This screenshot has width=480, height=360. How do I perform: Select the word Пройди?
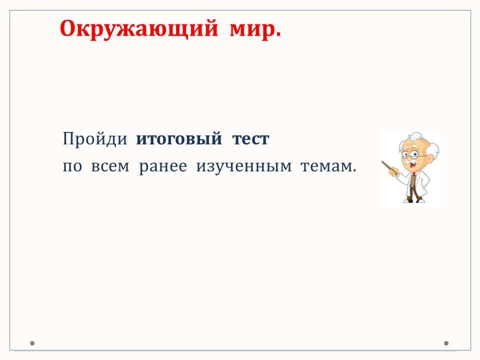click(95, 138)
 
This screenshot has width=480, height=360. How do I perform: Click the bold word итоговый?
click(179, 138)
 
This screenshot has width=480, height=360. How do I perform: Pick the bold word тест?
click(250, 139)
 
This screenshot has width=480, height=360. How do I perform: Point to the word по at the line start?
click(72, 167)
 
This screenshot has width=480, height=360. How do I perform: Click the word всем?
click(110, 166)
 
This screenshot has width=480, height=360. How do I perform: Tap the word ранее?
click(163, 167)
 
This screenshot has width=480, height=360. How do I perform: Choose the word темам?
click(326, 166)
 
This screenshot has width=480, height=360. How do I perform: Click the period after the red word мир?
click(278, 35)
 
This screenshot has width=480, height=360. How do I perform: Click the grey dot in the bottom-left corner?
click(32, 343)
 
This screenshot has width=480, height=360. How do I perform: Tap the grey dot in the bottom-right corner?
click(446, 343)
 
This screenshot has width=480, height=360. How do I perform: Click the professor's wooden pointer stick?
click(388, 167)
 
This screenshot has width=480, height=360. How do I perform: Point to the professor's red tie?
click(413, 174)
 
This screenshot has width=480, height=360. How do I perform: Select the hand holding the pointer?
click(393, 172)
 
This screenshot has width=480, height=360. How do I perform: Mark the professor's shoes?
click(414, 200)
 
